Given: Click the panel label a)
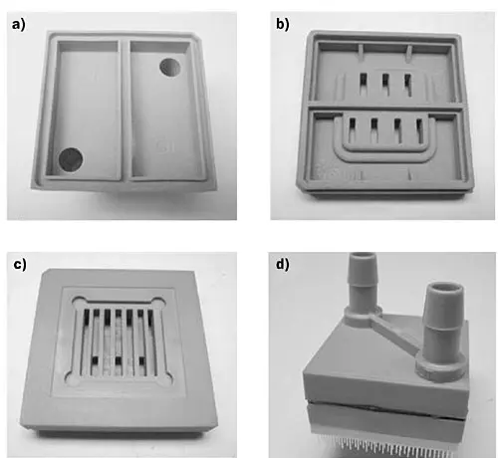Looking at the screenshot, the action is click(x=18, y=24).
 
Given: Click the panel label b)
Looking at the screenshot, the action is click(x=283, y=24).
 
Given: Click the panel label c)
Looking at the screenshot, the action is click(x=20, y=265).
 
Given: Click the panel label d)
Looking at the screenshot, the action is click(x=283, y=265).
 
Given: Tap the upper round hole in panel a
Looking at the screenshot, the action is click(x=170, y=68).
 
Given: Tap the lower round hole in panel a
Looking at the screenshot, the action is click(x=71, y=159).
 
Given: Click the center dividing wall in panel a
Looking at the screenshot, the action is click(x=124, y=110).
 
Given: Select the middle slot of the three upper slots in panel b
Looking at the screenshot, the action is click(x=385, y=84).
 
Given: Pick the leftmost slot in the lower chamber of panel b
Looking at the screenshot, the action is click(x=352, y=129).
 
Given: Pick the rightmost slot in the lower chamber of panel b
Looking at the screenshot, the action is click(x=420, y=130).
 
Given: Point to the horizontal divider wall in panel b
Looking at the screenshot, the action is click(x=385, y=108).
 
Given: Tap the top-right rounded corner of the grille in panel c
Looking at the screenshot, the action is click(x=157, y=303).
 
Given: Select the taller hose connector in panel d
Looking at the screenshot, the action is click(x=363, y=286).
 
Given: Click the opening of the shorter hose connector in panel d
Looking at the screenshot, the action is click(x=443, y=287).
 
